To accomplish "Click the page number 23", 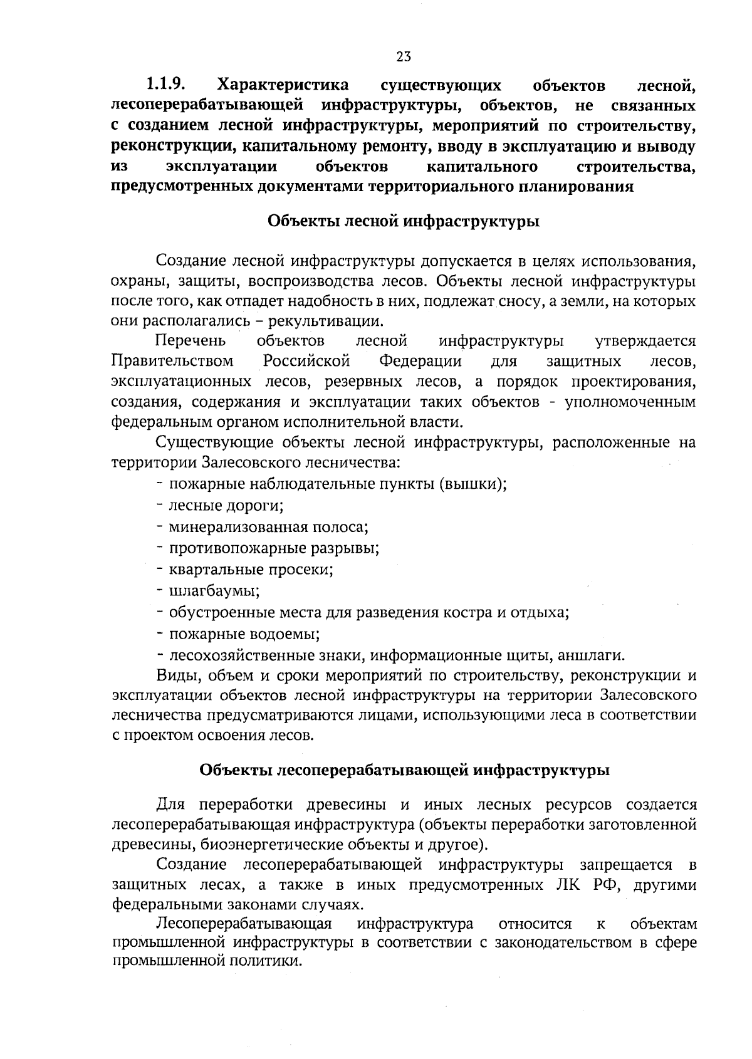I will tap(403, 57).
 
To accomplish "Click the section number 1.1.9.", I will tap(168, 84).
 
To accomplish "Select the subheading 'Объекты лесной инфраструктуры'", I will tap(404, 222).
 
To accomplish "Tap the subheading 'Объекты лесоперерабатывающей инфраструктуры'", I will tap(404, 770).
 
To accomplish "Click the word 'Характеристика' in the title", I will tap(282, 84).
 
